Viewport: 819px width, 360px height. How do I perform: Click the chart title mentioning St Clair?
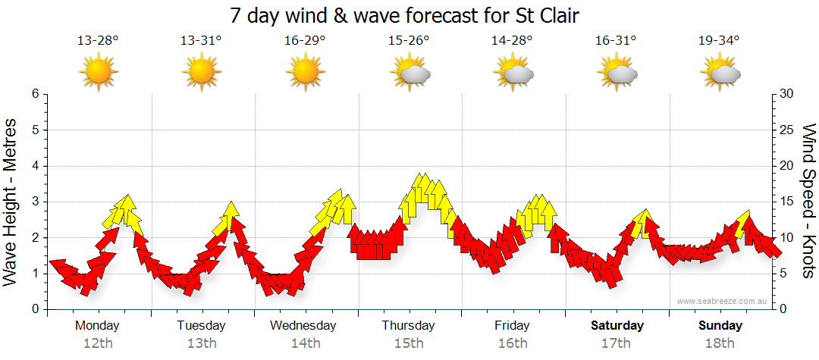click(x=409, y=16)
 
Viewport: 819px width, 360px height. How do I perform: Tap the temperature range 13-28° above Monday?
click(x=98, y=41)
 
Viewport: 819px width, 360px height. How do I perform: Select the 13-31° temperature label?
click(x=201, y=41)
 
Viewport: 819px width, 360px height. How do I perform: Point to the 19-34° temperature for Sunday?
click(x=719, y=41)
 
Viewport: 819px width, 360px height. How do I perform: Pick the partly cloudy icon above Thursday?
click(x=409, y=74)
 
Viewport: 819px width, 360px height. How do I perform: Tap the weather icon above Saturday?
click(x=617, y=74)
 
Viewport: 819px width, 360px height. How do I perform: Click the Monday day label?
click(x=98, y=326)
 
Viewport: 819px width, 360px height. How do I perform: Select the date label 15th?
click(x=409, y=343)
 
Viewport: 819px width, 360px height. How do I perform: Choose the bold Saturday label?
click(x=617, y=326)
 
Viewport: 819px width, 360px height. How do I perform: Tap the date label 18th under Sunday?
click(x=720, y=343)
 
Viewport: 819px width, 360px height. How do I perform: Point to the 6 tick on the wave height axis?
click(x=34, y=94)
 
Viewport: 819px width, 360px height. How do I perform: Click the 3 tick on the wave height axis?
click(x=34, y=202)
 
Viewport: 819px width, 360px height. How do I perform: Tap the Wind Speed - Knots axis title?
click(x=808, y=201)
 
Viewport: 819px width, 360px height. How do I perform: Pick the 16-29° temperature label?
click(x=305, y=41)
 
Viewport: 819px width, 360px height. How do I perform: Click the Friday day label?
click(x=513, y=326)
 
